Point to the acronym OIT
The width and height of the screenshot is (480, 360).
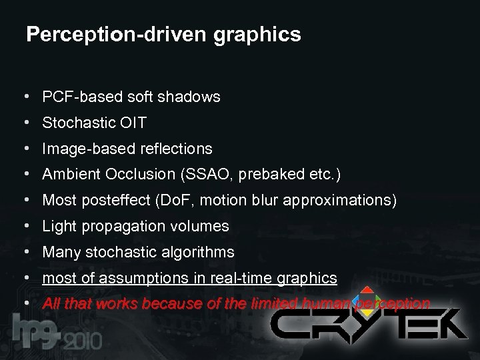coord(131,123)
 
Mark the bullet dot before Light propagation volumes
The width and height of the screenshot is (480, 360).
coord(25,227)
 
